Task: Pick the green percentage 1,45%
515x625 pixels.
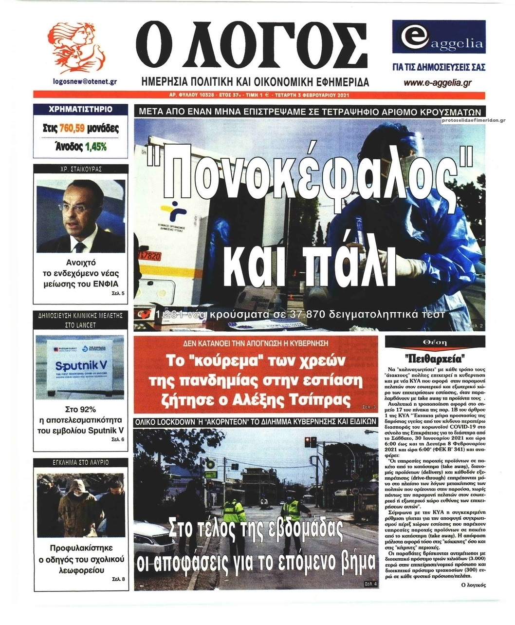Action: click(96, 146)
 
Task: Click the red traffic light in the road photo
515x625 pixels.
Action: click(307, 442)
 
